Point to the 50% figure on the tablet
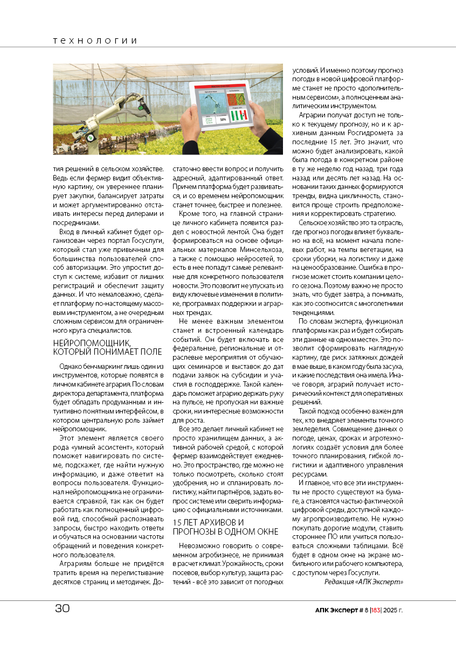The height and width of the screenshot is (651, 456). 223,119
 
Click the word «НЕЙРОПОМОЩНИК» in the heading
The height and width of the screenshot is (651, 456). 91,342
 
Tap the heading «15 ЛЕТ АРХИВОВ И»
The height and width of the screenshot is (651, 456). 208,522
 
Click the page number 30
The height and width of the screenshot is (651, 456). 63,608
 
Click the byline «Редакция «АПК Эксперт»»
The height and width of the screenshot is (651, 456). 363,582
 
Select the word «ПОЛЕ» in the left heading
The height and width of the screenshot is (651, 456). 150,352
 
